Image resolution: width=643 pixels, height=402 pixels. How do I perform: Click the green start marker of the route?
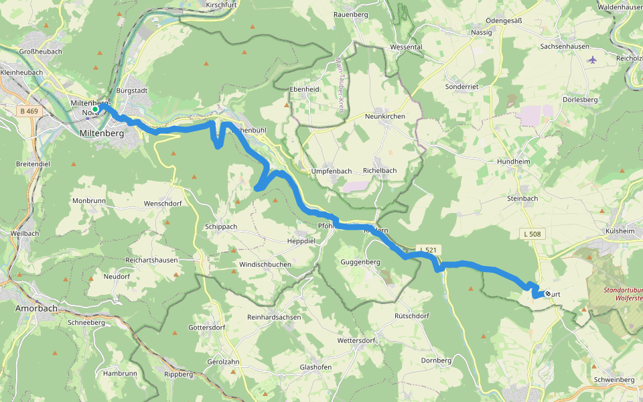pos(96,109)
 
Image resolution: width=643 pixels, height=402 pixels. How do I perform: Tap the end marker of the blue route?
pos(548,293)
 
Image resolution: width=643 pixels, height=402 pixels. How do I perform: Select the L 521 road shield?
pos(429,250)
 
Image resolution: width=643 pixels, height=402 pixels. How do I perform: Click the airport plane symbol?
pos(591,60)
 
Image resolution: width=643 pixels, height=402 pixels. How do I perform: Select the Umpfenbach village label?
pos(331,171)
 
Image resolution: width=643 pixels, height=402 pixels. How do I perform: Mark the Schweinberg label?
pos(614,379)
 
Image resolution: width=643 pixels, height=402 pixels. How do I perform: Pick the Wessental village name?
pos(406,48)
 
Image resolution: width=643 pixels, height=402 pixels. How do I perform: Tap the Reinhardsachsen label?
pos(274,316)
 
